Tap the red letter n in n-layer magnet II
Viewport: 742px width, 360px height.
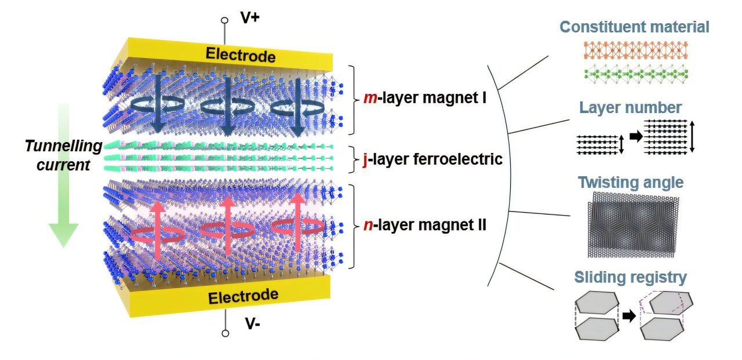tap(368, 224)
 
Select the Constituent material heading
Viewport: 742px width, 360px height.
tap(634, 27)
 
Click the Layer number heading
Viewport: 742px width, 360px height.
tap(630, 107)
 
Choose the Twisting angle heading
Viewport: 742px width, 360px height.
tap(631, 183)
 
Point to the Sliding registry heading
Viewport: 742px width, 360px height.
tap(631, 277)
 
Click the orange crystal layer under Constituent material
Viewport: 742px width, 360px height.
tap(634, 51)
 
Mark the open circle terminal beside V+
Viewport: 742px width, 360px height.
tap(225, 20)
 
